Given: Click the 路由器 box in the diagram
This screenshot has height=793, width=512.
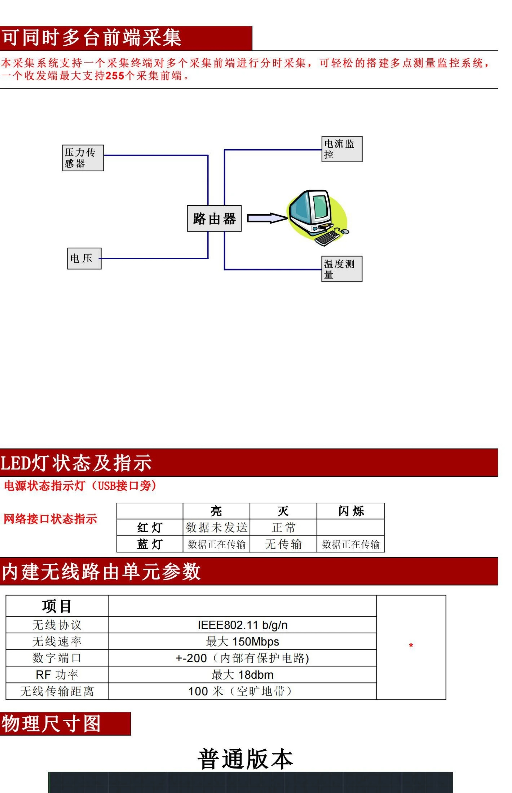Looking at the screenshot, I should click(214, 218).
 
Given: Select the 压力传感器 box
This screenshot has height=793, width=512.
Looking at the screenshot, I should click(83, 158).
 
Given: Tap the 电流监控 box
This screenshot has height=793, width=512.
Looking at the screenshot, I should click(342, 149).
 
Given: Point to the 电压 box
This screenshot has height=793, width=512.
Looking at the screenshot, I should click(84, 258).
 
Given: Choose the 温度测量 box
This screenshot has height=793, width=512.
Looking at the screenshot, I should click(342, 269).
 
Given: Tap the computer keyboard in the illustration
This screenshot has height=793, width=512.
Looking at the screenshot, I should click(327, 238).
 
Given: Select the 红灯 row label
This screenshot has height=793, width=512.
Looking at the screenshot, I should click(150, 528).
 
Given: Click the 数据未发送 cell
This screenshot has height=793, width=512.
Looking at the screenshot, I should click(216, 528).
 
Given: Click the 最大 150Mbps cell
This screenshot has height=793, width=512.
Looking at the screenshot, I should click(242, 642).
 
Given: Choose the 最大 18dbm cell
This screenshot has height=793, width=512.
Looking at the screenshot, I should click(242, 675).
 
